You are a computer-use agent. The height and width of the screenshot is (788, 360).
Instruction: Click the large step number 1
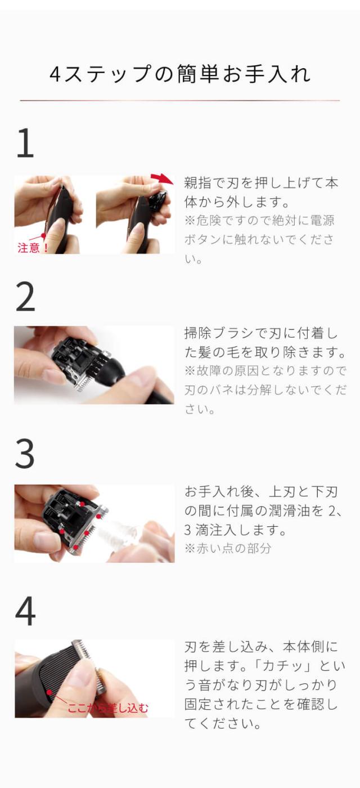pos(25,143)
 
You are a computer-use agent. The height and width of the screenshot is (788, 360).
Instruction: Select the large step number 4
pos(25,611)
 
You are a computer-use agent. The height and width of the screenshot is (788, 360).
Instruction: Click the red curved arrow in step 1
pos(163,178)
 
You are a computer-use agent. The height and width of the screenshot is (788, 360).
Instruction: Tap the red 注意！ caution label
pos(33,248)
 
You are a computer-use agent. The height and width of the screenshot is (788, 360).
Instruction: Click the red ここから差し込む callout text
pos(108,708)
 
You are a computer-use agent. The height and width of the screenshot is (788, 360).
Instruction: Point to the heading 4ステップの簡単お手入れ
pos(180,74)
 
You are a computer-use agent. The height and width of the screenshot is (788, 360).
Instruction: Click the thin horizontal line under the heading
pos(180,101)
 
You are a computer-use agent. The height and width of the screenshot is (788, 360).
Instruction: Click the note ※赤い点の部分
pos(228,548)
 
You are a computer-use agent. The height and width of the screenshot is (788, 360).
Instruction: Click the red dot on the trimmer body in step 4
pos(49,692)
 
